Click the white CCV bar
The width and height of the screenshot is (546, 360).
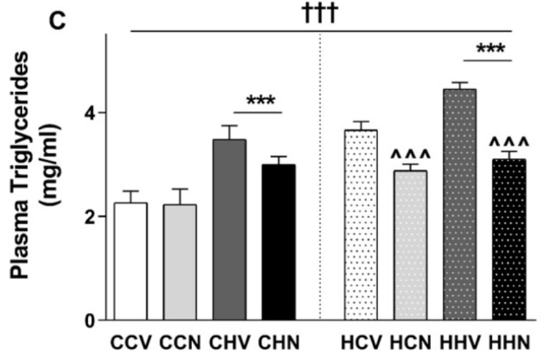click(x=131, y=261)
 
